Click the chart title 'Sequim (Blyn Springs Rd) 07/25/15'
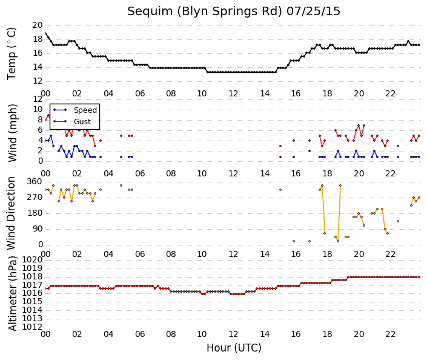coord(234,12)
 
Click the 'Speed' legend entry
coord(85,110)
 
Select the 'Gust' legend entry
coord(82,122)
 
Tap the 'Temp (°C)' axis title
coord(12,54)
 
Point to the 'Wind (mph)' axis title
coord(12,133)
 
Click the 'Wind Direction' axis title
coord(11,213)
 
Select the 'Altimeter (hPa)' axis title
coord(12,293)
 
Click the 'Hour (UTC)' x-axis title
coord(234,348)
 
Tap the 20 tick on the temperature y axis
coord(38,25)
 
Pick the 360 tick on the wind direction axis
coord(35,182)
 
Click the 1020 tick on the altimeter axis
coord(33,259)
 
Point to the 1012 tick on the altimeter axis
coord(33,327)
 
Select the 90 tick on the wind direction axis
coord(38,228)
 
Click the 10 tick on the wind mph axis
coord(38,110)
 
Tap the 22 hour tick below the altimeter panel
coord(390,334)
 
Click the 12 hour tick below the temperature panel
coord(233,94)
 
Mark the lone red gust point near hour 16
coord(294,141)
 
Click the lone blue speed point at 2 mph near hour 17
coord(309,151)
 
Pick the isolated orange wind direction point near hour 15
coord(280,190)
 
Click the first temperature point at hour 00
coord(45,33)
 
